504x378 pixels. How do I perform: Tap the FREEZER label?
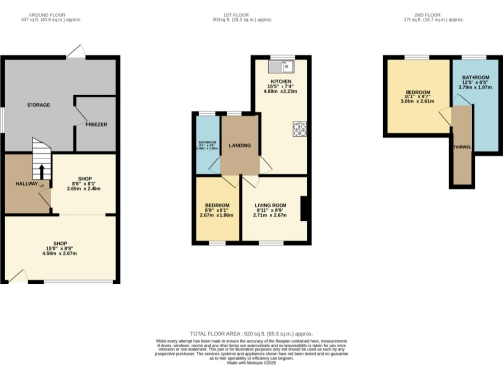[95, 125]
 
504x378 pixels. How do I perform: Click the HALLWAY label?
[26, 184]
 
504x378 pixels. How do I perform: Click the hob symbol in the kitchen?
[298, 128]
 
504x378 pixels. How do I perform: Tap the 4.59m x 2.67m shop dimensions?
[58, 252]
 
